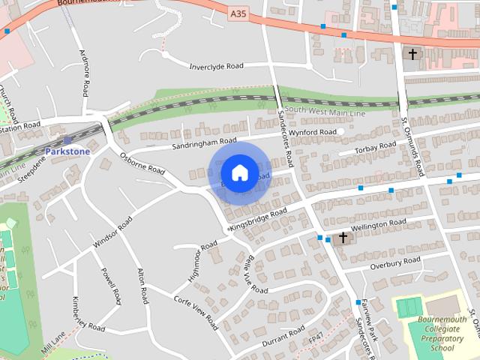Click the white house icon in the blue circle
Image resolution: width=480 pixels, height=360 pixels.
239,172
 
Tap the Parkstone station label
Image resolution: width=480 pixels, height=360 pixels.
67,151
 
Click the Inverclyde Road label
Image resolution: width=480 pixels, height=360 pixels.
217,66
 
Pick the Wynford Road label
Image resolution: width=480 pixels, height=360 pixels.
313,132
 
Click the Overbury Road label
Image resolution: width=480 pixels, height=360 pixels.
395,262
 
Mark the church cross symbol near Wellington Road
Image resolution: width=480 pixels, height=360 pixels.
343,238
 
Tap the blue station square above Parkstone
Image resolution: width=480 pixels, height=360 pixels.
67,139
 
